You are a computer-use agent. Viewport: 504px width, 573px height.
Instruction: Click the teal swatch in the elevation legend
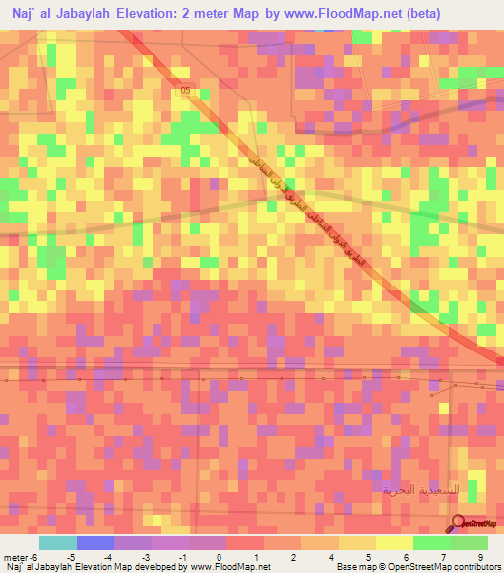click(x=57, y=542)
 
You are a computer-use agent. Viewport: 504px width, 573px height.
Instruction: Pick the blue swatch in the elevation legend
click(x=95, y=542)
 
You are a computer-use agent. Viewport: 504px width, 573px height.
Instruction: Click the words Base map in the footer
click(x=353, y=567)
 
